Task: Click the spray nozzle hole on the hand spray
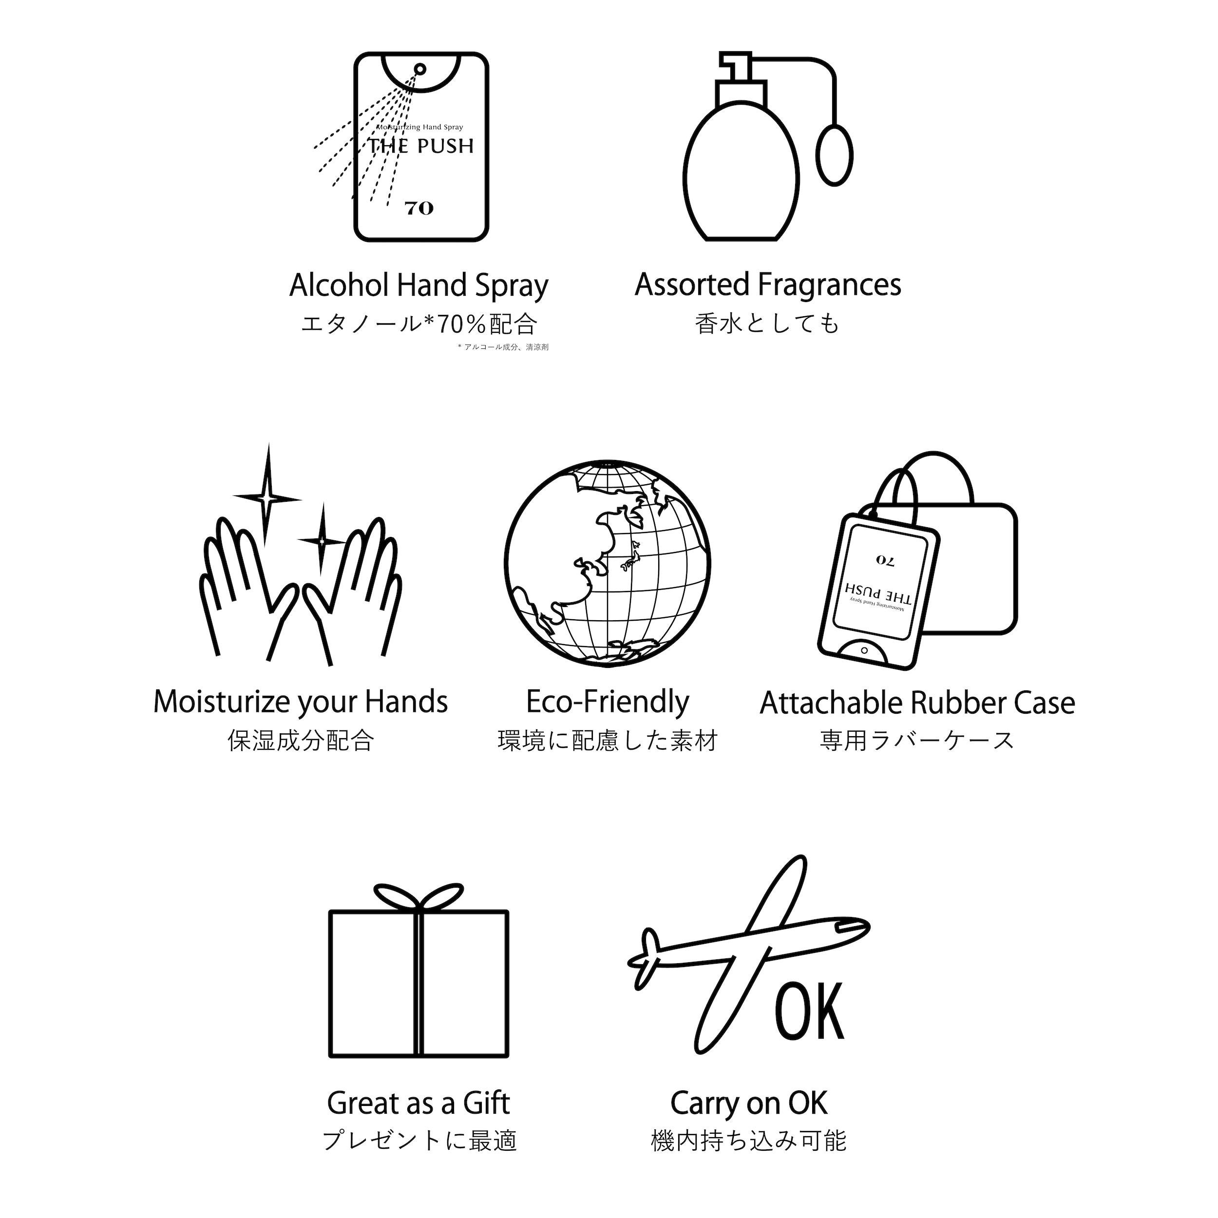(x=420, y=69)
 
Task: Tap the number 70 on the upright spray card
(x=419, y=208)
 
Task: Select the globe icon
(x=607, y=564)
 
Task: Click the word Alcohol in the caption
(x=340, y=285)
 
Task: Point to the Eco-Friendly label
(x=608, y=703)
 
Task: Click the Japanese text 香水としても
(x=768, y=324)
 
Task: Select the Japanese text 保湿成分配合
(x=301, y=740)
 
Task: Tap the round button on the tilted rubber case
(x=864, y=650)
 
